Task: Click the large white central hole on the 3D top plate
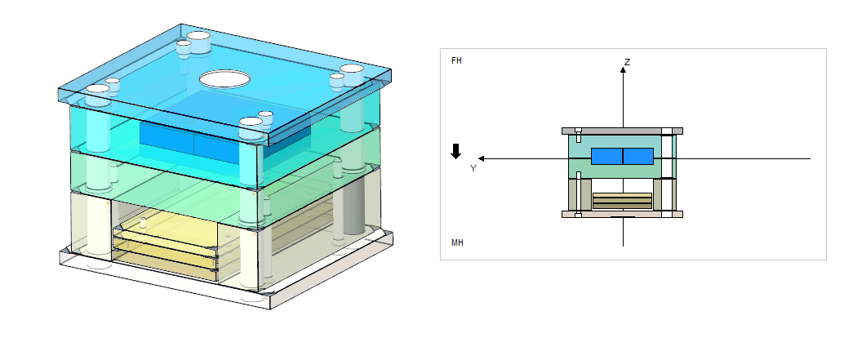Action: point(224,80)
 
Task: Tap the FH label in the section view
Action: point(456,60)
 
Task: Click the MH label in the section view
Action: point(457,242)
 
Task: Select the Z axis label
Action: point(627,62)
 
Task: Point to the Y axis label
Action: point(473,168)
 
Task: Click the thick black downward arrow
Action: point(456,151)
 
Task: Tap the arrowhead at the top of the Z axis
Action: point(623,69)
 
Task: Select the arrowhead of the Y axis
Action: point(482,158)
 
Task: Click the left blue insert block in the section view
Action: point(606,156)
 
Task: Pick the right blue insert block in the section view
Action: point(638,156)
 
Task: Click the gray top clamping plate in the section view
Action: point(622,131)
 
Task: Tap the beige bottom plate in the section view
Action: point(622,214)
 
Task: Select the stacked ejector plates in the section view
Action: point(622,201)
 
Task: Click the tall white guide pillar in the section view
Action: point(667,172)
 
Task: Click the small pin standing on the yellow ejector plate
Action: point(143,223)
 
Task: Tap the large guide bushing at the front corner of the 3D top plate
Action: point(251,127)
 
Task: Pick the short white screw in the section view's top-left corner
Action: point(579,135)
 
